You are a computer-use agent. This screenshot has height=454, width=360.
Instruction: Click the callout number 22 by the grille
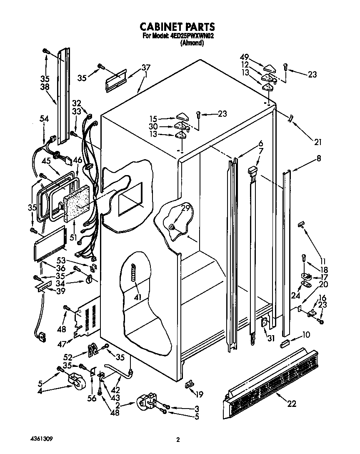tap(292, 403)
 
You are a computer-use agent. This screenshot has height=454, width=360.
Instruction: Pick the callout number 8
tap(319, 158)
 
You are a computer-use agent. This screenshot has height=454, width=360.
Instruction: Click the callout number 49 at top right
tap(245, 57)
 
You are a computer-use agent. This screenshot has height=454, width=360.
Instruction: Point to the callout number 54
tap(44, 119)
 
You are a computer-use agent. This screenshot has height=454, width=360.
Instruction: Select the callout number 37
tap(146, 68)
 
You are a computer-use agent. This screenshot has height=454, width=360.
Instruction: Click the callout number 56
tap(92, 399)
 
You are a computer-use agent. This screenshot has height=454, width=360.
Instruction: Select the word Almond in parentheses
tap(192, 43)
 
